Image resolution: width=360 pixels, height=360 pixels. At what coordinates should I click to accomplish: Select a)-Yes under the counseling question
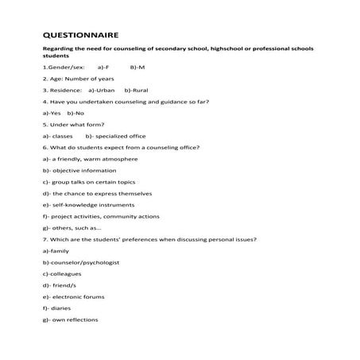pos(50,113)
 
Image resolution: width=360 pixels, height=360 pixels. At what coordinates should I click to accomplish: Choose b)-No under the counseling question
pos(76,113)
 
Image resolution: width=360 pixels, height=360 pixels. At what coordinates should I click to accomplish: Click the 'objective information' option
pos(79,170)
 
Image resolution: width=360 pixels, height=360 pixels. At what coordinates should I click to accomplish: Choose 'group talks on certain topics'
pos(84,182)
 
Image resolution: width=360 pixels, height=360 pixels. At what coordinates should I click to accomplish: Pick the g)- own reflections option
pos(70,319)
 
